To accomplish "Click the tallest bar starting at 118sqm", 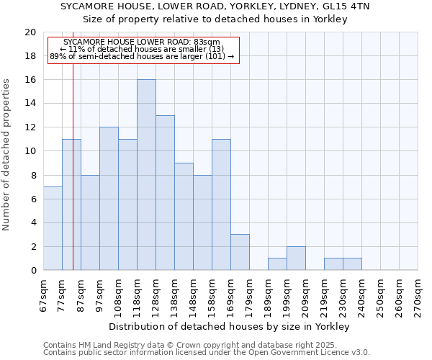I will tap(146, 175).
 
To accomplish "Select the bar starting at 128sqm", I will tap(165, 193).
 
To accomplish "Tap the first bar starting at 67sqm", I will tap(53, 228).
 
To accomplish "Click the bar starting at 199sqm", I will tap(296, 258).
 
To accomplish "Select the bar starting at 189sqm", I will tap(277, 264).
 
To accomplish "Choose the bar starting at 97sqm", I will tap(109, 199).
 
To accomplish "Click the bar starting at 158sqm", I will tap(221, 204).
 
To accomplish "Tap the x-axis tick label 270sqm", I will tap(418, 296).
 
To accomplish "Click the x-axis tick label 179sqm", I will tap(250, 296).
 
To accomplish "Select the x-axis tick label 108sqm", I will tap(118, 296).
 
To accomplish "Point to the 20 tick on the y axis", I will tap(30, 32).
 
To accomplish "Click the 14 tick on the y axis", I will tap(30, 104).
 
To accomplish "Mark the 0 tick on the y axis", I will tap(33, 271).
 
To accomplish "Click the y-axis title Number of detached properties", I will tap(7, 154).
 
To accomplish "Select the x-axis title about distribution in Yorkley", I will tap(230, 326).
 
